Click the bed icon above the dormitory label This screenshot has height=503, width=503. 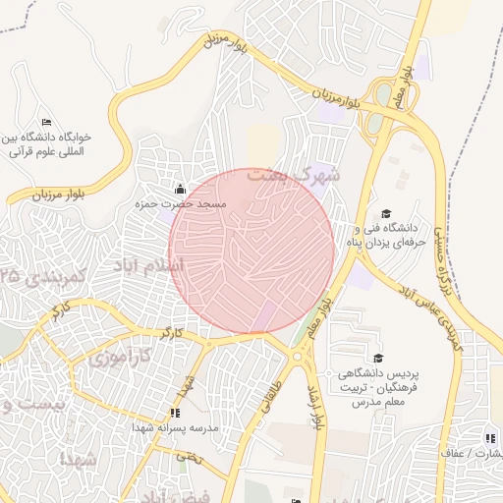tap(46, 121)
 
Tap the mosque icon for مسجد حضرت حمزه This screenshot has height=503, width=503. tap(179, 189)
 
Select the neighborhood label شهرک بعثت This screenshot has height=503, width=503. tap(294, 177)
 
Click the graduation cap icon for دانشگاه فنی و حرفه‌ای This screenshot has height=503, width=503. tap(386, 213)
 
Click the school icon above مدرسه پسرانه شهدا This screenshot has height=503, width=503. tap(175, 414)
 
